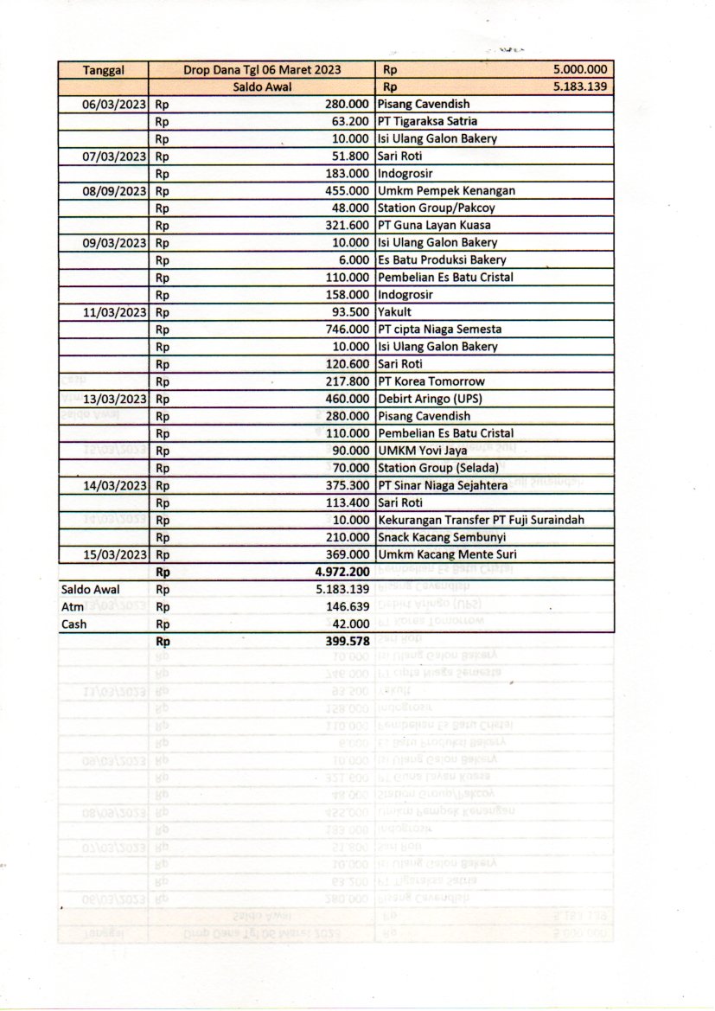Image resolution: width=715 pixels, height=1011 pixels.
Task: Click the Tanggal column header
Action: tap(103, 70)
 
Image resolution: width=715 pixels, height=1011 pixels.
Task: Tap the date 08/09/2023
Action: tap(114, 191)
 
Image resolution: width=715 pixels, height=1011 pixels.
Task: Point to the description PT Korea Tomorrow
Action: tap(431, 381)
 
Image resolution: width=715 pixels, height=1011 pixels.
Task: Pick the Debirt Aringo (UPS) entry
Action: tap(430, 399)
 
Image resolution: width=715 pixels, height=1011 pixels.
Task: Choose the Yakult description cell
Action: tap(394, 312)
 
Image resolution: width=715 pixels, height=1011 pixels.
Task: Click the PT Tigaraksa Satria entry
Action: tap(427, 122)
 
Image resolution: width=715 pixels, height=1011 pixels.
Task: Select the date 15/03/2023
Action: tap(114, 554)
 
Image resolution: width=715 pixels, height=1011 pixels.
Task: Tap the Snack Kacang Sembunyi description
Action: tap(441, 537)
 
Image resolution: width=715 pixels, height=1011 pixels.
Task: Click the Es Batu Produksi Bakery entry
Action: tap(442, 260)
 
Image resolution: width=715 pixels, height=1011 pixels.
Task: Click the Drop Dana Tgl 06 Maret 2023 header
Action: tap(262, 70)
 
